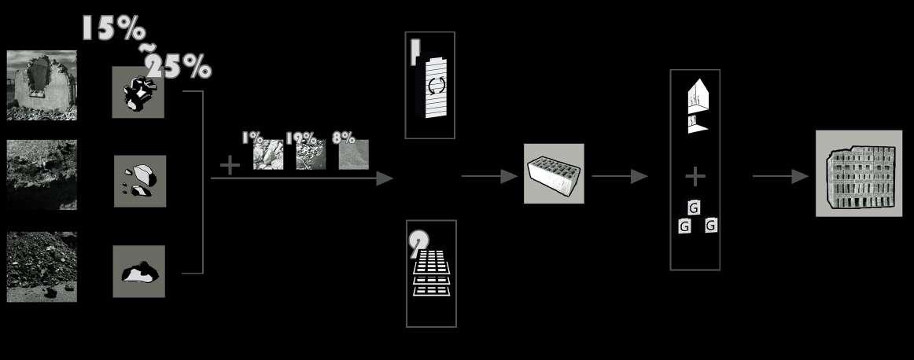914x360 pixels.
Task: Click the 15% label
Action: coord(113,29)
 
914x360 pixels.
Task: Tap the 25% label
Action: coord(179,68)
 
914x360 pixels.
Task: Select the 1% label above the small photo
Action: coord(252,138)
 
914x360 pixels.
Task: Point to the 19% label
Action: coord(300,138)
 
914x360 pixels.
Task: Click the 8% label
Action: coord(344,138)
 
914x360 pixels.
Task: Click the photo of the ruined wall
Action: coord(42,86)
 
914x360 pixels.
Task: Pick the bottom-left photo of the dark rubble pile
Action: coord(42,266)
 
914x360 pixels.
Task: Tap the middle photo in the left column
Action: coord(42,175)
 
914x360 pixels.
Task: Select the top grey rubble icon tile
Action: coord(138,92)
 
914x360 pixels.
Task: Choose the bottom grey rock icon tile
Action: coord(138,271)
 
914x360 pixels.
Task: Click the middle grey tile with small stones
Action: coord(139,182)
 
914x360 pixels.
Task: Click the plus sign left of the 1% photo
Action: coord(230,165)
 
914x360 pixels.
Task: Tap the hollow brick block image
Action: coord(554,174)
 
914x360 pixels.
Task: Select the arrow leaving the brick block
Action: coord(620,177)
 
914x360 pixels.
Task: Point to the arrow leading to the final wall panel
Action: coord(780,177)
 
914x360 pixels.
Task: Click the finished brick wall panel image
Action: coord(859,173)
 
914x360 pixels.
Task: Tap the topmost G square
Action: coord(693,208)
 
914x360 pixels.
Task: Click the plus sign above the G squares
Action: coord(695,176)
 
